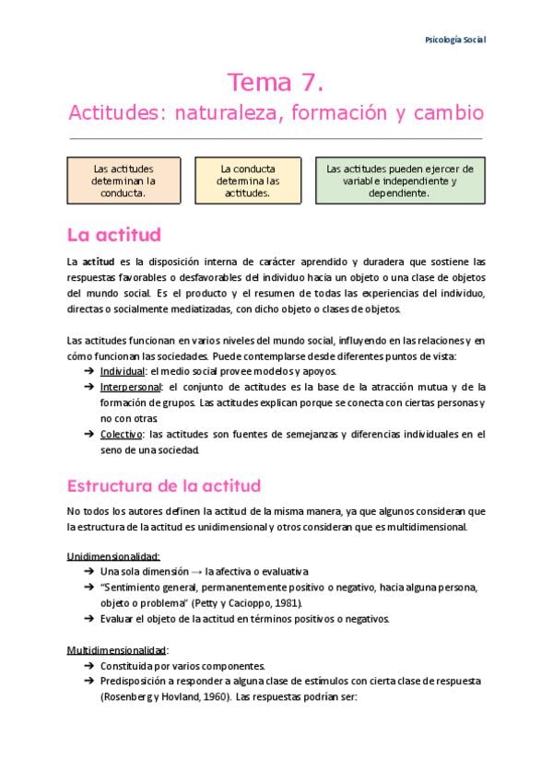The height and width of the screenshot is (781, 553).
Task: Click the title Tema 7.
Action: [276, 84]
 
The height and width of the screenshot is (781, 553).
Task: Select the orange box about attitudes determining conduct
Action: [124, 181]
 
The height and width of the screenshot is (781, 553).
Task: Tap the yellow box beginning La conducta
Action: [248, 181]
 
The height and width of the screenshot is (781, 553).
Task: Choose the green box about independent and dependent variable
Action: [400, 181]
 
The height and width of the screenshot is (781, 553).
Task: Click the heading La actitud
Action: [114, 234]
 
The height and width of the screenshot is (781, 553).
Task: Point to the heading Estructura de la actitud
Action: [164, 485]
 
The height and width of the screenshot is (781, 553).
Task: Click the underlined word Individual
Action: [123, 370]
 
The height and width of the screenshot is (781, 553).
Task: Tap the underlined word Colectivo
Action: [122, 434]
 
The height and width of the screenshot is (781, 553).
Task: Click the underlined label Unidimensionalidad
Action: [113, 556]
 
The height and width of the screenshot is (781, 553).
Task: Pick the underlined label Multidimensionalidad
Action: [117, 649]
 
